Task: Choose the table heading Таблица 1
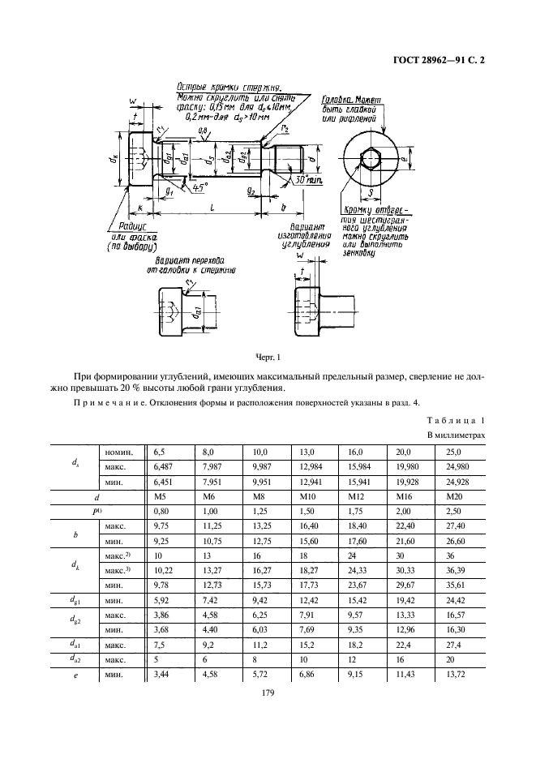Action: (x=454, y=422)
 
